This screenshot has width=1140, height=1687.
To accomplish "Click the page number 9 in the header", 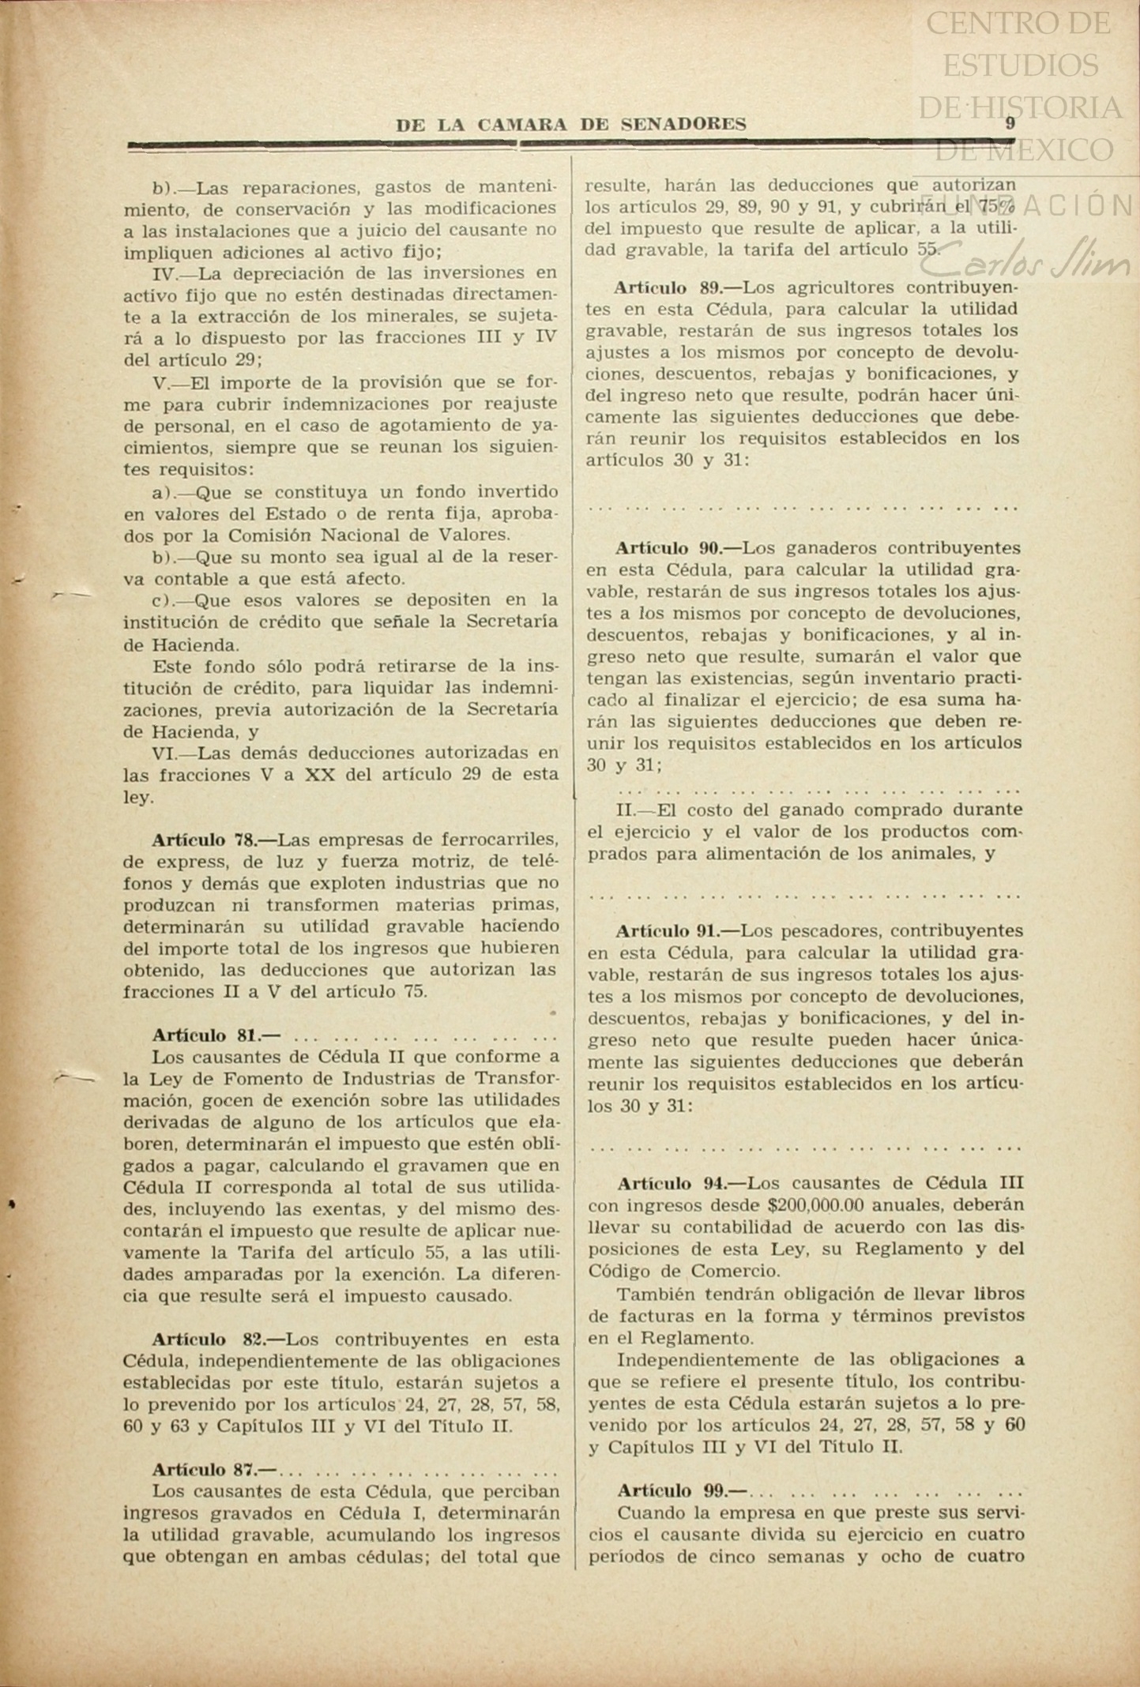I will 1010,123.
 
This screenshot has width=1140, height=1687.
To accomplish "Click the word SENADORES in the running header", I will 683,124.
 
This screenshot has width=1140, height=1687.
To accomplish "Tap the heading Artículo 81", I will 215,1035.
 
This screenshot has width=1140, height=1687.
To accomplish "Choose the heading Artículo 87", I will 213,1470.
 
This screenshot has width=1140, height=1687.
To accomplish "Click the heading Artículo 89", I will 675,287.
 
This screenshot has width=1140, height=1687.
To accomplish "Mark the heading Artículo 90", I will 675,547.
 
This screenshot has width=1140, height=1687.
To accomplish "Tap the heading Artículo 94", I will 676,1183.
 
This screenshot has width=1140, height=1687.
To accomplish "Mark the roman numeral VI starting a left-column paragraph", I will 164,753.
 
